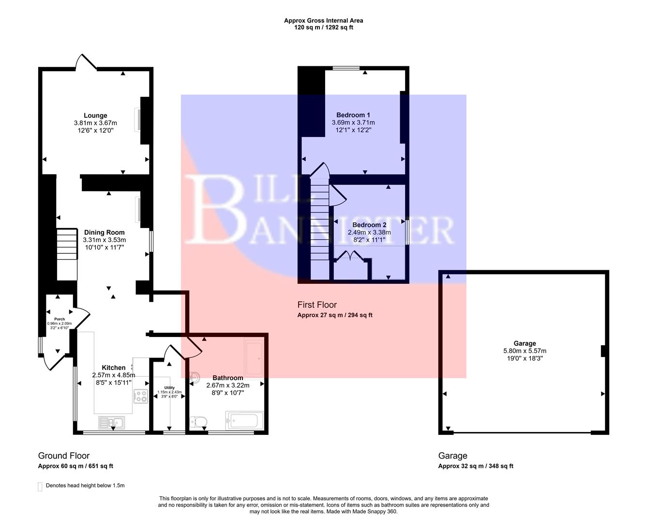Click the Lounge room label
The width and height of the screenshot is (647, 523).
click(x=95, y=116)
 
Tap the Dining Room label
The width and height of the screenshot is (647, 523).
click(x=104, y=232)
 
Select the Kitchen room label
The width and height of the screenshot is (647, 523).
click(x=113, y=368)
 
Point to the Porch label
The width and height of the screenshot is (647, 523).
click(x=59, y=319)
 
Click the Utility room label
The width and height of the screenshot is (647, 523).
click(x=169, y=388)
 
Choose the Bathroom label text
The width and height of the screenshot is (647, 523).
click(x=227, y=378)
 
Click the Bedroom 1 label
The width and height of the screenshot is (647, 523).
click(x=353, y=115)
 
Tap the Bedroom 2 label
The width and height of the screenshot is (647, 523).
click(x=369, y=225)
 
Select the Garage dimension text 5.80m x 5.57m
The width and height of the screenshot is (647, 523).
click(x=525, y=351)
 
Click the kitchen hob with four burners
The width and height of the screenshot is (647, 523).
click(x=141, y=396)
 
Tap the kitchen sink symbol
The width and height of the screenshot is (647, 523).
click(x=111, y=423)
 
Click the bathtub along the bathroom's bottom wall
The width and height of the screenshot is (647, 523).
click(x=244, y=420)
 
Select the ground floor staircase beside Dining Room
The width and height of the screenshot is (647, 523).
click(x=67, y=254)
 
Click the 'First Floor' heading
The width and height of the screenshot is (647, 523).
click(x=317, y=305)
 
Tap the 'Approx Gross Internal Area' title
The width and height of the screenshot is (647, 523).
click(x=323, y=20)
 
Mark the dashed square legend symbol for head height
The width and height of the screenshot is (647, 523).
click(x=40, y=486)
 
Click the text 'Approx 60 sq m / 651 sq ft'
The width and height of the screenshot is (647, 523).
click(x=75, y=466)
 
